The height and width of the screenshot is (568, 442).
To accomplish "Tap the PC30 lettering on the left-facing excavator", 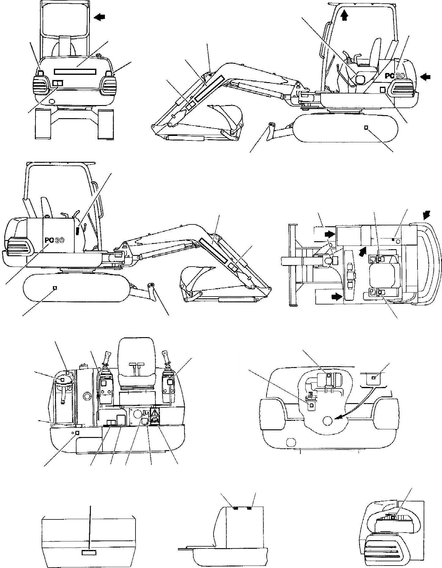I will click(x=54, y=240).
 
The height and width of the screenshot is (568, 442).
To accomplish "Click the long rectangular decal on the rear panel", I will click(x=75, y=71).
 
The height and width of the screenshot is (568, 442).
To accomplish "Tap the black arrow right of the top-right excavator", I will click(x=426, y=77).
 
